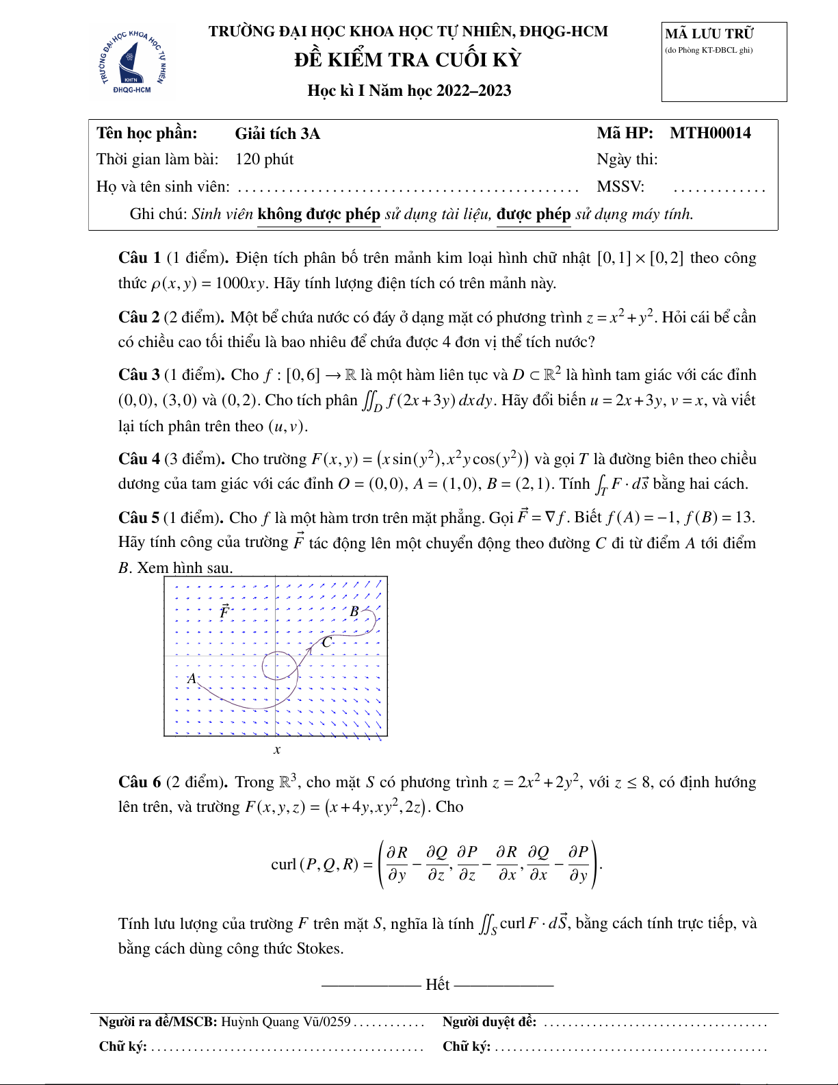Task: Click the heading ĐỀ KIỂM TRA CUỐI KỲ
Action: click(x=408, y=60)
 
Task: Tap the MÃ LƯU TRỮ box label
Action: click(x=709, y=34)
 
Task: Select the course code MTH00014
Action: click(x=710, y=133)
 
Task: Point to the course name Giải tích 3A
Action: click(x=277, y=134)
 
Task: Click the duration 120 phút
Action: click(x=264, y=159)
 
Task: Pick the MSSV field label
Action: click(x=620, y=187)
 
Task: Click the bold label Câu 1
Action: click(x=140, y=258)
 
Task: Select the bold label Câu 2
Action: click(x=139, y=318)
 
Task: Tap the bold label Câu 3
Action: click(x=139, y=375)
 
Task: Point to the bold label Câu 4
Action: click(x=139, y=459)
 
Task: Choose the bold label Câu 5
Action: click(x=139, y=518)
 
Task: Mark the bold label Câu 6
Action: click(x=140, y=782)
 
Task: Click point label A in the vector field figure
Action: click(x=192, y=678)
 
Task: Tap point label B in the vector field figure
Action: click(x=354, y=611)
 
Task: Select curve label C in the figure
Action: click(x=326, y=642)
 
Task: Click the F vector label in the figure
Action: click(x=224, y=611)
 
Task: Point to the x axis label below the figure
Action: click(x=277, y=750)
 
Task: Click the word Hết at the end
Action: click(x=437, y=984)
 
